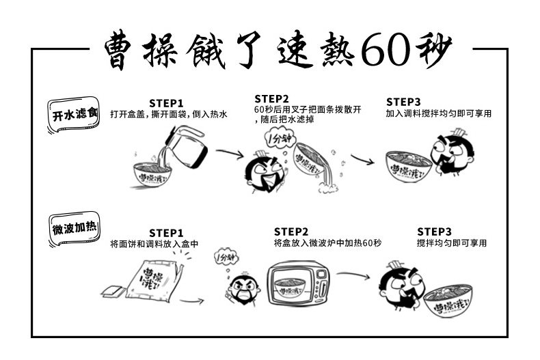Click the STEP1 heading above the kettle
[x=166, y=104]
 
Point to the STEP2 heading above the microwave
[x=291, y=232]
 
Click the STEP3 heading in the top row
[x=403, y=102]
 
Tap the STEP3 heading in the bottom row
[x=434, y=232]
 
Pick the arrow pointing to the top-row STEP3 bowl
[x=362, y=162]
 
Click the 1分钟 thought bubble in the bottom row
[x=225, y=258]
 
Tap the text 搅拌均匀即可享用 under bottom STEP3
[x=451, y=243]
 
